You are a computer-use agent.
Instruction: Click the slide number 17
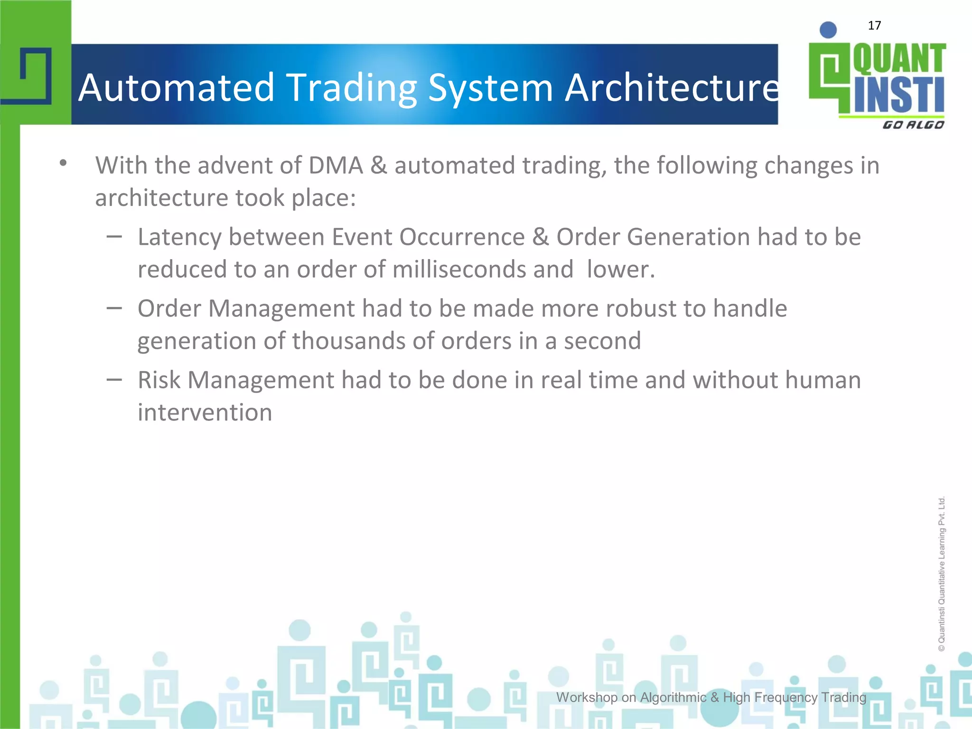point(874,26)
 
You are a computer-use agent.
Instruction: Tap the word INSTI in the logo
point(899,95)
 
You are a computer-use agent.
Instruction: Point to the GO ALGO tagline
point(913,125)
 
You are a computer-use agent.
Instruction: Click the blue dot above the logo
point(828,30)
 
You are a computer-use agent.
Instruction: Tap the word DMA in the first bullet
point(336,166)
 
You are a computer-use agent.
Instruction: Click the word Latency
point(179,237)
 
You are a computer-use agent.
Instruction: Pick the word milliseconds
point(459,270)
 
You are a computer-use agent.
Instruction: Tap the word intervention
point(205,412)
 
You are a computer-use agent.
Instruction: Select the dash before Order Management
point(114,308)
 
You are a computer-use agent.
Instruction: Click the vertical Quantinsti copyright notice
point(942,574)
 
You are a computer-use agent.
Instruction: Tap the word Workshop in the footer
point(587,697)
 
